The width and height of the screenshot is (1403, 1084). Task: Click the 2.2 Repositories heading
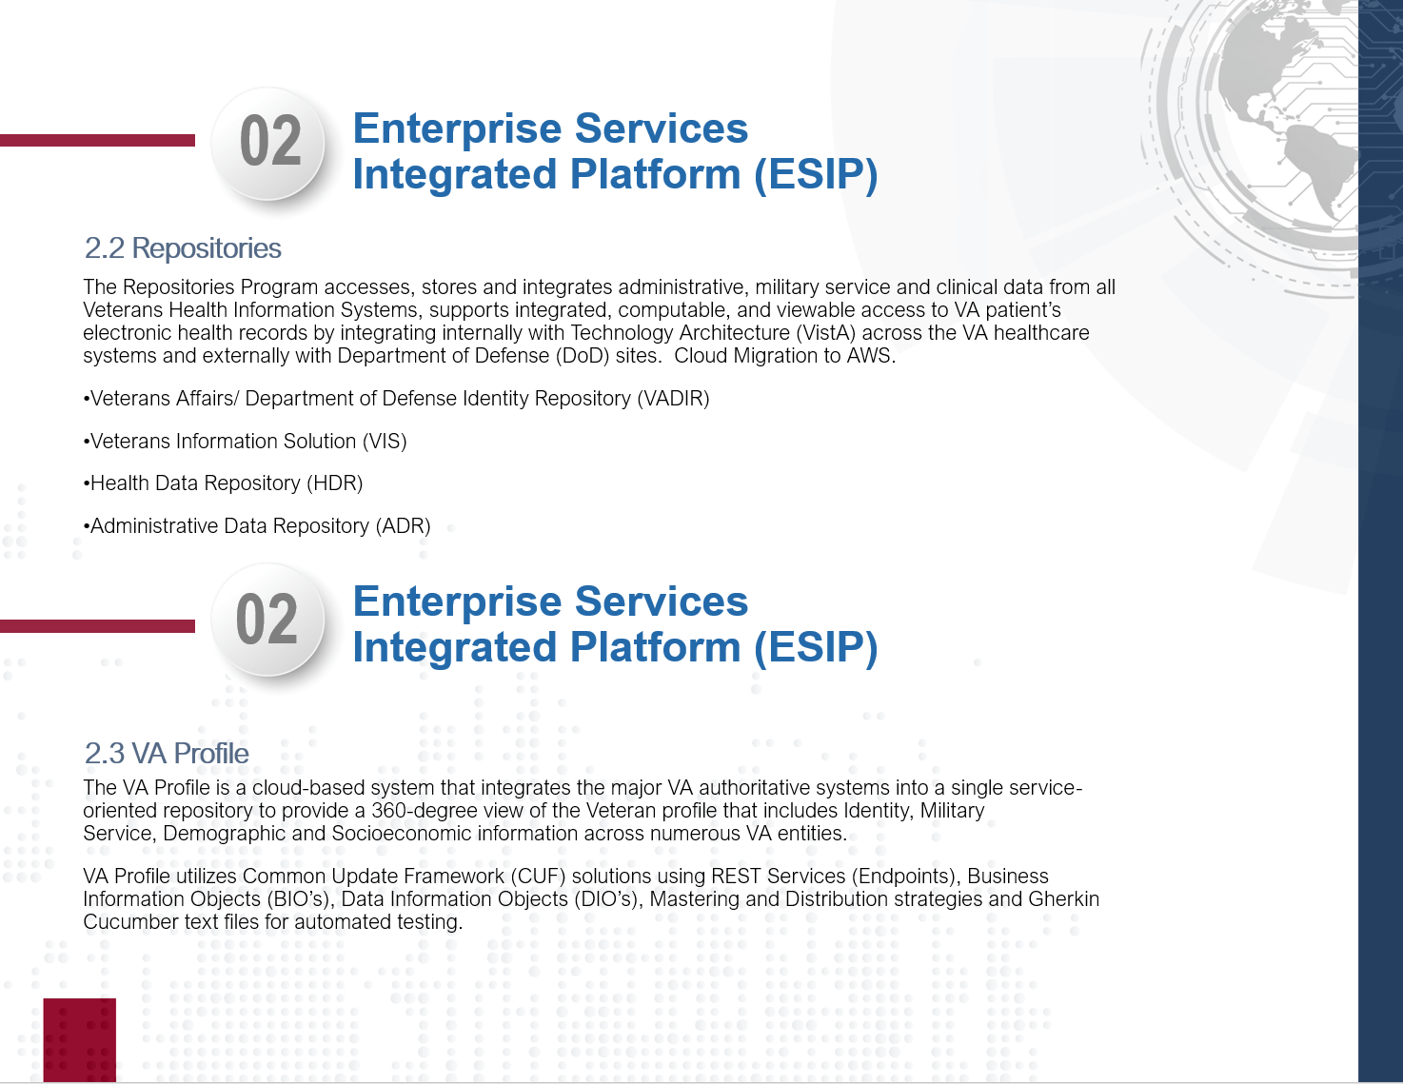[183, 248]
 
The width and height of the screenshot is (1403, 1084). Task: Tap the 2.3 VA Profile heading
[167, 754]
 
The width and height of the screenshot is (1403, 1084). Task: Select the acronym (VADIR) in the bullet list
[673, 399]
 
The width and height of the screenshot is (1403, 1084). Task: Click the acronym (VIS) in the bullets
[385, 441]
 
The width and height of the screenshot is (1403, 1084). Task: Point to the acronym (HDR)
[334, 483]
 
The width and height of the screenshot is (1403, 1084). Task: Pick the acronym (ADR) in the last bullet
[403, 526]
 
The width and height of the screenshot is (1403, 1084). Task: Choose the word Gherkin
[1063, 899]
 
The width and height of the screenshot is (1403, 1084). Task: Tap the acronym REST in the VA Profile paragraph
[736, 877]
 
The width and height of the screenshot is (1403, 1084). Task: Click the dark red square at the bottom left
[79, 1039]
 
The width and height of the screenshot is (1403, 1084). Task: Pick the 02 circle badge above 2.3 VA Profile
[268, 620]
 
